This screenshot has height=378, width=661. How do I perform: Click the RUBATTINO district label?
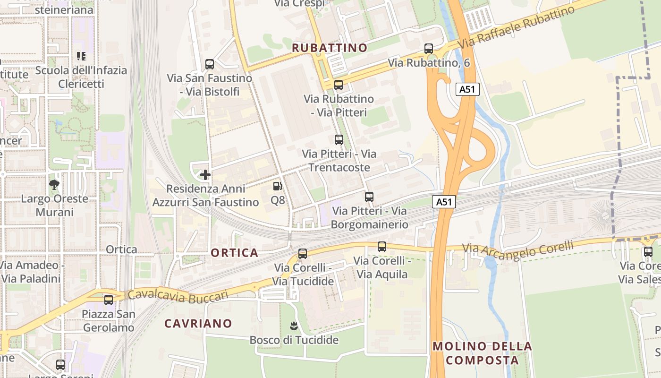tap(330, 48)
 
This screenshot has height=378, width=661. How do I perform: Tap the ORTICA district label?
tap(235, 253)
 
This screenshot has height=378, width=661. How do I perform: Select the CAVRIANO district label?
tap(198, 324)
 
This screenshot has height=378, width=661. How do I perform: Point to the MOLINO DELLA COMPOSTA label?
tap(482, 353)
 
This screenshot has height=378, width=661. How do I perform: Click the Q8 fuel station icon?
tap(278, 187)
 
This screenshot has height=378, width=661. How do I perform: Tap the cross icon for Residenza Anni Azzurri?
tap(205, 175)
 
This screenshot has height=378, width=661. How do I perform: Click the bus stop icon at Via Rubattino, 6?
tap(429, 49)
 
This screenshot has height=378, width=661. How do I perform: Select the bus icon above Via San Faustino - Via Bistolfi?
tap(210, 64)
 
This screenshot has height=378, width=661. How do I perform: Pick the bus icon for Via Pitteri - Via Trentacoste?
tap(339, 140)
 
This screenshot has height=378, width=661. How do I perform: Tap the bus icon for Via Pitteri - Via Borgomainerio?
tap(369, 197)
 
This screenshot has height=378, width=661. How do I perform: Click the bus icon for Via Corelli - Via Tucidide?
tap(303, 254)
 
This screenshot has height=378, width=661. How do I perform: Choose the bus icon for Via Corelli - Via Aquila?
tap(382, 247)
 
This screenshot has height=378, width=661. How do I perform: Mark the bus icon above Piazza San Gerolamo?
tap(109, 300)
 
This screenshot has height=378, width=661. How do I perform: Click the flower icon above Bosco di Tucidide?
tap(294, 326)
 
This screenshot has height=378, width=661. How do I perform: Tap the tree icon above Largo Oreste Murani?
tap(54, 184)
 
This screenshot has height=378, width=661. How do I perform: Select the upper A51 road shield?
tap(467, 89)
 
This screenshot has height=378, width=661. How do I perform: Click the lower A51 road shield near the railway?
tap(444, 202)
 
